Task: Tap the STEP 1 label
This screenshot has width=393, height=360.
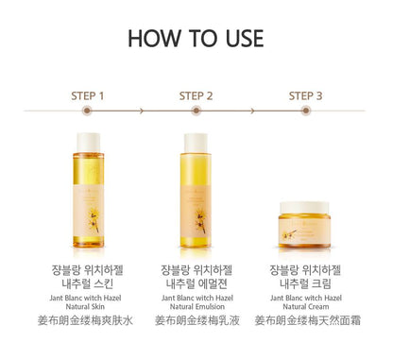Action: (88, 95)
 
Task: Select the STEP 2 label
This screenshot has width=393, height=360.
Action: (196, 95)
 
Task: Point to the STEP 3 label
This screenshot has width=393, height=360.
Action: (305, 95)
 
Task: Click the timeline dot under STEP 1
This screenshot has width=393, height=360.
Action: (88, 111)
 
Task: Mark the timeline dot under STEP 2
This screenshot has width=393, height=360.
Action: (196, 111)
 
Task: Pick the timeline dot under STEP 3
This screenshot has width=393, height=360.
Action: (305, 111)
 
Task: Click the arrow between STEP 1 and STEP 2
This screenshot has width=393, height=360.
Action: (142, 111)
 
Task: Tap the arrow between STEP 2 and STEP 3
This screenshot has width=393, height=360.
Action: (251, 111)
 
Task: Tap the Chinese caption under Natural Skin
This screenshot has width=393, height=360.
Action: (88, 321)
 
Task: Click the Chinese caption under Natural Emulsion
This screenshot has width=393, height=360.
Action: (196, 321)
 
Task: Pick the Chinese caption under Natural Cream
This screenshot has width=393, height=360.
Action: (305, 321)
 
